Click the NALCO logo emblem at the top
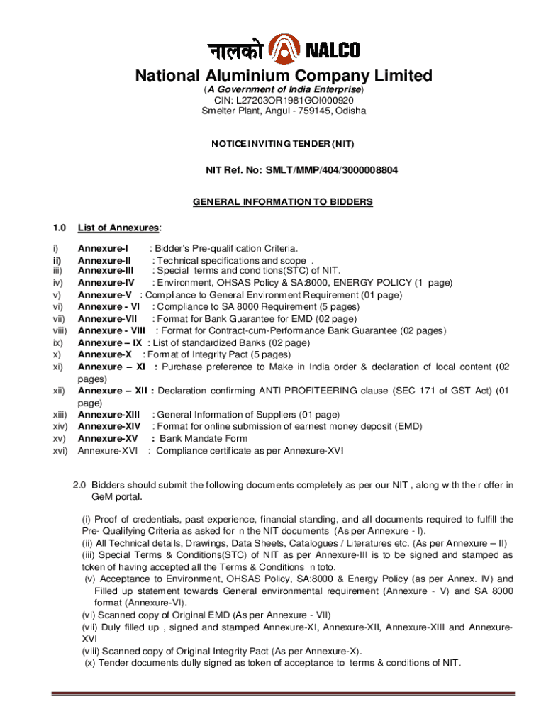pos(283,50)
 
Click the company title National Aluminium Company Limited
pos(284,75)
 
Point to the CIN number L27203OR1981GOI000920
pos(296,101)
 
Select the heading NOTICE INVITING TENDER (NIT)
pos(283,144)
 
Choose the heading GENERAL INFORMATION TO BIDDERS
pos(283,202)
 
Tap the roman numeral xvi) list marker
pos(60,450)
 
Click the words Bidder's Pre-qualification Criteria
pos(226,248)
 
